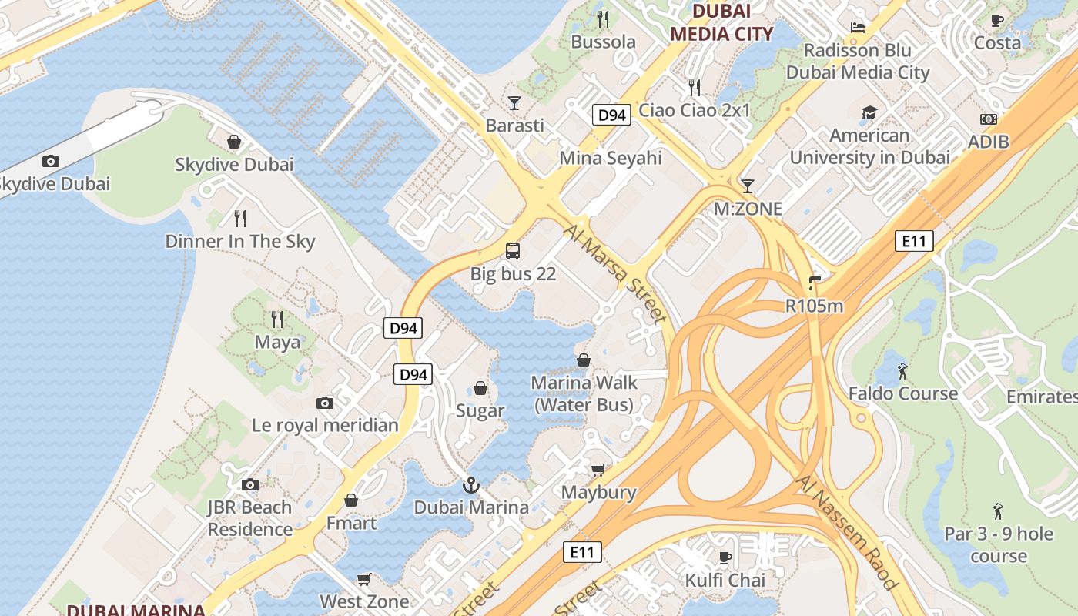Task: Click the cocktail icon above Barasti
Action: pyautogui.click(x=514, y=102)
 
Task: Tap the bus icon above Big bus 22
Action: pyautogui.click(x=513, y=250)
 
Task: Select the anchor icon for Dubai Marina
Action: pyautogui.click(x=470, y=485)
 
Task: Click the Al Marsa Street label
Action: pyautogui.click(x=614, y=273)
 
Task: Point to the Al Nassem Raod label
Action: pyautogui.click(x=848, y=531)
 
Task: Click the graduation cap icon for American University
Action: pyautogui.click(x=869, y=113)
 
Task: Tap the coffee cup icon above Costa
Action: pyautogui.click(x=997, y=21)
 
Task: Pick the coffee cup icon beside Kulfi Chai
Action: pyautogui.click(x=725, y=557)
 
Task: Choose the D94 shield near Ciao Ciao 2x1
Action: pyautogui.click(x=612, y=115)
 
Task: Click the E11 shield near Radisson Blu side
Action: pyautogui.click(x=915, y=241)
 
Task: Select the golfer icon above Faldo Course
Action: pyautogui.click(x=902, y=371)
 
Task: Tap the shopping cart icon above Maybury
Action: pyautogui.click(x=598, y=470)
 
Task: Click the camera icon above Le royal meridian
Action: pyautogui.click(x=325, y=403)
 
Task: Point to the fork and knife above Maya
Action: pyautogui.click(x=277, y=318)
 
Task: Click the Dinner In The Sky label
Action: pyautogui.click(x=240, y=241)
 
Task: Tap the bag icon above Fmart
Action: pyautogui.click(x=351, y=500)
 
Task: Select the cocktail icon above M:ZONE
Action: pyautogui.click(x=747, y=186)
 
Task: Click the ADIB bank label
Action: pyautogui.click(x=988, y=142)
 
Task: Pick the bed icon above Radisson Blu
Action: pyautogui.click(x=858, y=28)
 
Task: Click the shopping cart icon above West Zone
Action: pyautogui.click(x=364, y=579)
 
